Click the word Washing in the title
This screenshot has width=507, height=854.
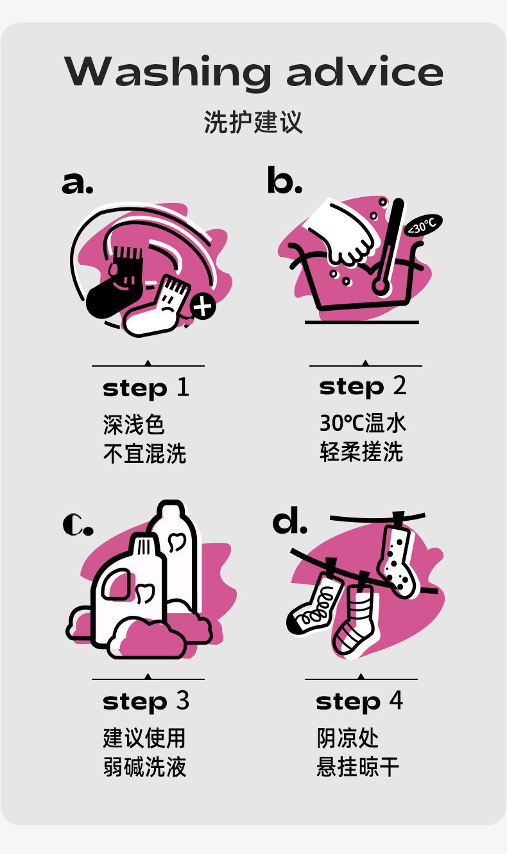click(168, 73)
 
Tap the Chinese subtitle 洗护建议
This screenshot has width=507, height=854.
click(253, 122)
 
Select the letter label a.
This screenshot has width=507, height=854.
click(77, 183)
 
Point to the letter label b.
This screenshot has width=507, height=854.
click(284, 179)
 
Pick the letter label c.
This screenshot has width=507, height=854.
click(78, 525)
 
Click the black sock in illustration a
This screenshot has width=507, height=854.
click(114, 286)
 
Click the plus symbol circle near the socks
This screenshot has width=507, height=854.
click(203, 306)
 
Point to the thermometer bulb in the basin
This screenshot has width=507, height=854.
click(379, 285)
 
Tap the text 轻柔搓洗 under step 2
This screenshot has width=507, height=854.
click(361, 452)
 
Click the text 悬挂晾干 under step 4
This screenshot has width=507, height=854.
click(357, 767)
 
